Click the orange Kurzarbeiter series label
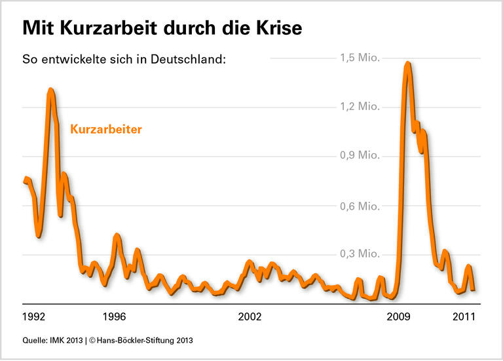pyautogui.click(x=105, y=130)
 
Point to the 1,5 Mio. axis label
pyautogui.click(x=359, y=58)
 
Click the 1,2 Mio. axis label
pyautogui.click(x=359, y=107)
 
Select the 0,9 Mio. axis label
pyautogui.click(x=359, y=156)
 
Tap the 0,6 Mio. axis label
pyautogui.click(x=359, y=206)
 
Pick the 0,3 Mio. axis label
pyautogui.click(x=359, y=254)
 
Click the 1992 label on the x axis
pyautogui.click(x=34, y=317)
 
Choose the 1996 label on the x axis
pyautogui.click(x=115, y=317)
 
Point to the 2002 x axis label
pyautogui.click(x=250, y=317)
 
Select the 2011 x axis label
pyautogui.click(x=464, y=317)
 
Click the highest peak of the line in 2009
pyautogui.click(x=407, y=64)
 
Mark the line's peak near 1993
pyautogui.click(x=51, y=90)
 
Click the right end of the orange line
pyautogui.click(x=473, y=288)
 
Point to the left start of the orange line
pyautogui.click(x=25, y=179)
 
